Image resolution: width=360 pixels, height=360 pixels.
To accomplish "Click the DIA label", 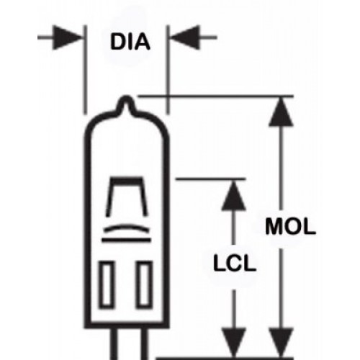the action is (130, 42).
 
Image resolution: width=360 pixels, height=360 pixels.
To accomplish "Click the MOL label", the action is (290, 226).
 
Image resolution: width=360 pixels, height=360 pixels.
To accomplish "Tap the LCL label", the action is (235, 263).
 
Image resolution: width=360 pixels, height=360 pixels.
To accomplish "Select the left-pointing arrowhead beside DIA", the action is (185, 37).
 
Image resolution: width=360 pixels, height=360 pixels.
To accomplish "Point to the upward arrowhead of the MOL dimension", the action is (281, 112).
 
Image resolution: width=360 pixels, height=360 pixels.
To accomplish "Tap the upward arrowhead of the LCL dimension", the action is (233, 196).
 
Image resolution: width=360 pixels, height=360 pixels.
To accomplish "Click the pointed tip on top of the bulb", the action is (126, 98).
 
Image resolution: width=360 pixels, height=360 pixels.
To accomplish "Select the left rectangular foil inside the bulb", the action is (107, 284).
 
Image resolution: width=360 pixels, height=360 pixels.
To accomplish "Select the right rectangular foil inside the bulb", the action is (145, 284).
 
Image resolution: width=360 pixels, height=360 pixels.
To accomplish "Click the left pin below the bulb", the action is (114, 343).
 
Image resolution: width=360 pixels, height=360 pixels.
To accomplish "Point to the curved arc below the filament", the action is (126, 227).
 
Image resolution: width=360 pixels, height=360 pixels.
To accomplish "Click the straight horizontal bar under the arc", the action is (126, 240).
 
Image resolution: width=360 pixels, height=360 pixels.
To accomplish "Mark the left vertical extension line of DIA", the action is (85, 70).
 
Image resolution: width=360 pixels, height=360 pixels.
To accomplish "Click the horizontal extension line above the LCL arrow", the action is (211, 179).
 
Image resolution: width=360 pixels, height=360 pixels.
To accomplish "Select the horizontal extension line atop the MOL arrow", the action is (216, 96).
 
